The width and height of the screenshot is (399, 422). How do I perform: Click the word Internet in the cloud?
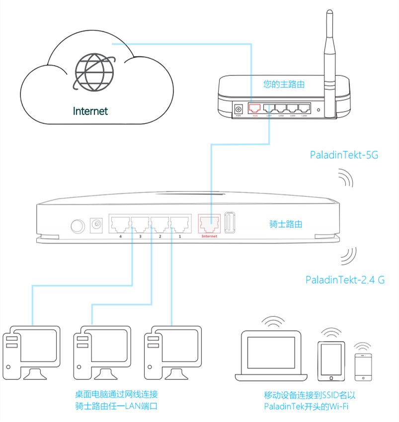point(90,111)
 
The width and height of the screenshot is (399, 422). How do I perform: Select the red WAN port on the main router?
point(255,108)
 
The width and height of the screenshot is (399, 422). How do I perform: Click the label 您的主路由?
point(284,85)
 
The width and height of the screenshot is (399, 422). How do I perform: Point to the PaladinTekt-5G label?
point(344,155)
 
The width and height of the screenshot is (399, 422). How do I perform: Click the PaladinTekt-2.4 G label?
point(345,280)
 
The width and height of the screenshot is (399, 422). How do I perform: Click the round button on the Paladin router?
point(77,226)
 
